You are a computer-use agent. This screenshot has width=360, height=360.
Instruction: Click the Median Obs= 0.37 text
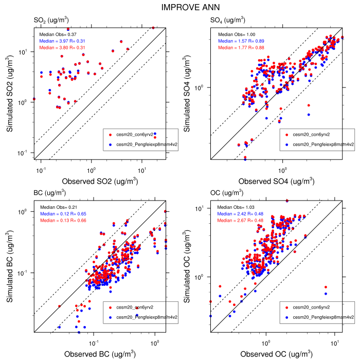(58, 33)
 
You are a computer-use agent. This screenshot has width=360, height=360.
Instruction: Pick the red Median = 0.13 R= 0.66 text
(62, 220)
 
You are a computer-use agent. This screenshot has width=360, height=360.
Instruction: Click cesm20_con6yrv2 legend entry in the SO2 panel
(135, 134)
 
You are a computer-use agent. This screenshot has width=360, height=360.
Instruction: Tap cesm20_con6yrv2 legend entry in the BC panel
(135, 307)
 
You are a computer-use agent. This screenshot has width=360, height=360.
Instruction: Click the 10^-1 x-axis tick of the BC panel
(94, 341)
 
